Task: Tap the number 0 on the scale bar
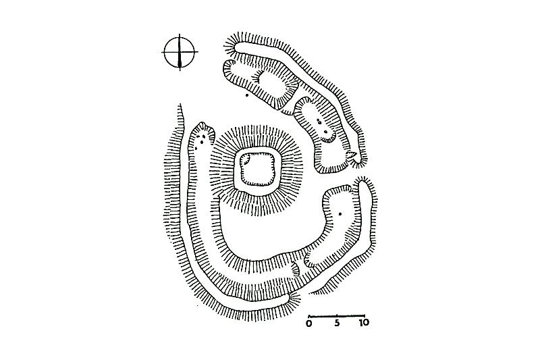[308, 324]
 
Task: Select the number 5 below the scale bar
[336, 324]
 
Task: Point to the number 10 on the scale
[363, 324]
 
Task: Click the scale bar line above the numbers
[336, 315]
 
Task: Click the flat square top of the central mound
[258, 170]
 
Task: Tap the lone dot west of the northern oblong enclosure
[248, 95]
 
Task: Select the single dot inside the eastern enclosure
[340, 214]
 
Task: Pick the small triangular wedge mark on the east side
[352, 157]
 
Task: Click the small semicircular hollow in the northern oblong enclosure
[256, 80]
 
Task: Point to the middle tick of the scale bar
[336, 315]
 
